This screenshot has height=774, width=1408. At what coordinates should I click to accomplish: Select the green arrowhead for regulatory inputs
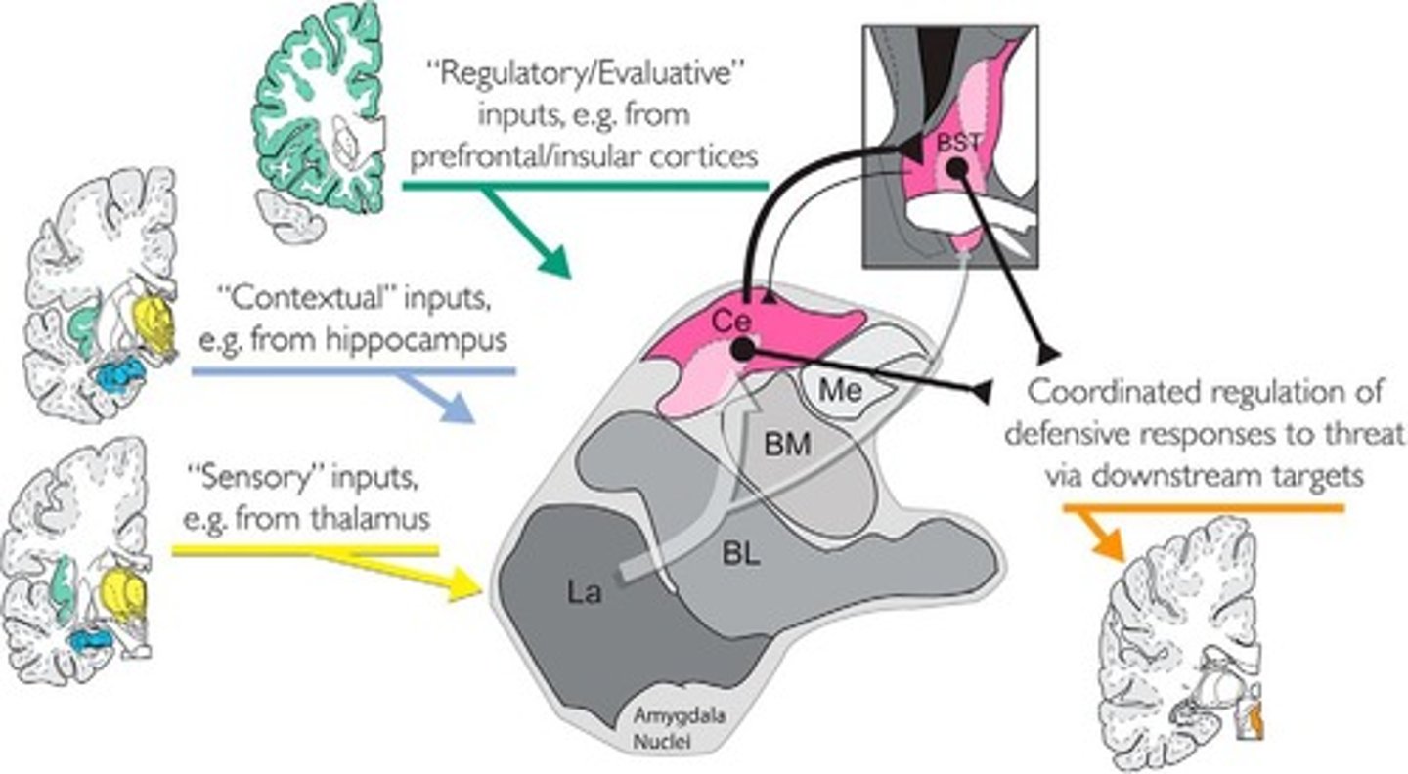pyautogui.click(x=553, y=261)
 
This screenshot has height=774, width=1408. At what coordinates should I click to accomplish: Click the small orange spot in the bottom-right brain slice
pyautogui.click(x=1257, y=724)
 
